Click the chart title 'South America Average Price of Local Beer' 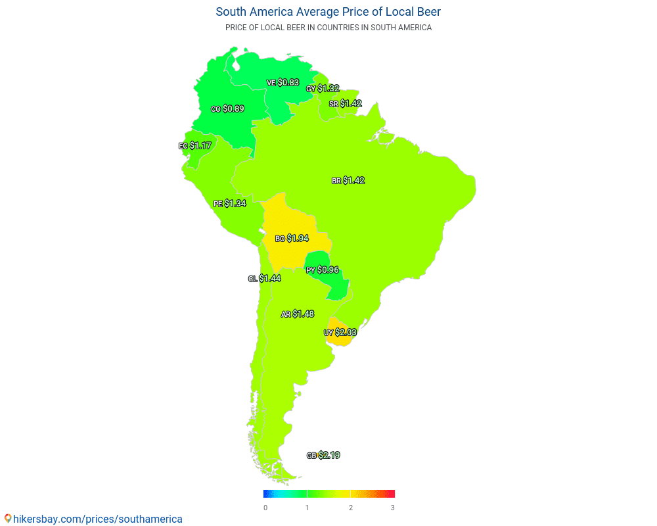coord(328,12)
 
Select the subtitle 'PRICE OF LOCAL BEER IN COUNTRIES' coord(328,28)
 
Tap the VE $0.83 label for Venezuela coord(283,83)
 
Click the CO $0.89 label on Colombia coord(227,109)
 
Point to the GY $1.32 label coord(323,88)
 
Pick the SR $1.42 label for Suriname coord(346,104)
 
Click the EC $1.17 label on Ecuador coord(194,145)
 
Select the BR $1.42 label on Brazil coord(348,180)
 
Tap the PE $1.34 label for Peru coord(229,204)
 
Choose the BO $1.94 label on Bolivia coord(292,238)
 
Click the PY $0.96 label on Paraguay coord(323,270)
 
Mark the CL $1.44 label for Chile coord(265,279)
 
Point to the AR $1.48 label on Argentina coord(298,314)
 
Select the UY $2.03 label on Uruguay coord(340,333)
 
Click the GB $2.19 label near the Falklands coord(323,456)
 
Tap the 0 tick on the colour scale coord(265,508)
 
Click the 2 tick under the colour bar coord(351,508)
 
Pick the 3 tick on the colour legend coord(393,508)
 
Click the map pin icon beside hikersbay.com coord(8,519)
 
